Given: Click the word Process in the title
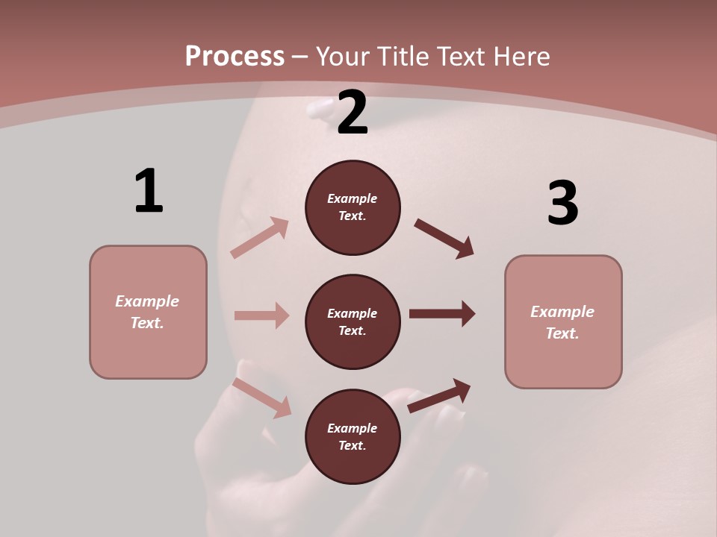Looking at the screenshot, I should click(x=235, y=57).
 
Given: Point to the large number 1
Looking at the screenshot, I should click(x=149, y=191).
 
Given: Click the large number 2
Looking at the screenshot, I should click(x=353, y=113).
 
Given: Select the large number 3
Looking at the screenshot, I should click(x=562, y=203).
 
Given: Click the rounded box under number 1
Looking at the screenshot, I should click(x=148, y=312).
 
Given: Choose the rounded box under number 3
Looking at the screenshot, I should click(x=563, y=322).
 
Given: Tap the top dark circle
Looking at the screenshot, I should click(x=353, y=207).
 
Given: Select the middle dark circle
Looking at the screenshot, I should click(x=353, y=322).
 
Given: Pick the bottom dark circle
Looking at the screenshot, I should click(x=353, y=437).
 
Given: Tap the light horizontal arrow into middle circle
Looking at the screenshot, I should click(x=261, y=315).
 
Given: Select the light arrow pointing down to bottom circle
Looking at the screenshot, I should click(x=262, y=398).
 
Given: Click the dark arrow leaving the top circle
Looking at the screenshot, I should click(x=444, y=239).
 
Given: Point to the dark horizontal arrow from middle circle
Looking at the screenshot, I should click(x=442, y=314).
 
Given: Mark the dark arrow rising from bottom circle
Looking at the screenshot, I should click(x=440, y=395).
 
